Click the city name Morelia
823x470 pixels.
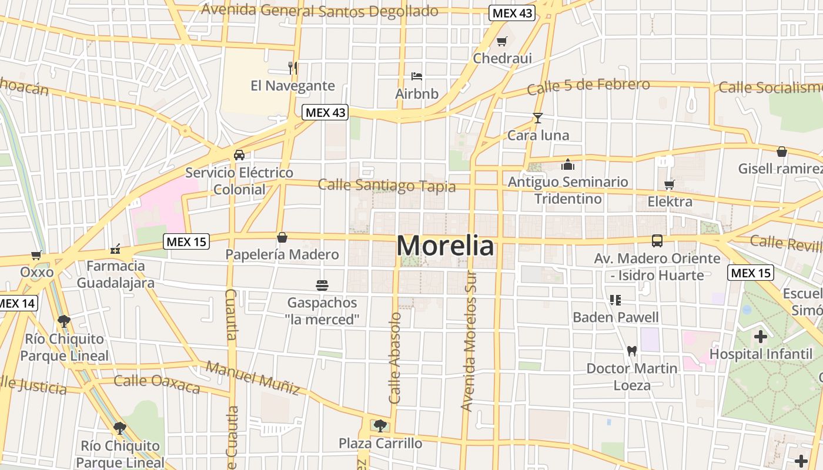445,246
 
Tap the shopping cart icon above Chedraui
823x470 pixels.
501,41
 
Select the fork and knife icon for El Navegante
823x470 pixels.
293,68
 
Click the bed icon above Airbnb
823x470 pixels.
417,76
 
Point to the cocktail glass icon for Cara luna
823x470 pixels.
537,117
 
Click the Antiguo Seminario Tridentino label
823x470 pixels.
568,190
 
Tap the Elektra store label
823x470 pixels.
670,202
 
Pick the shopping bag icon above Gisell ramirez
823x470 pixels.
781,152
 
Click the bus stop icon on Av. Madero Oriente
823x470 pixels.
657,241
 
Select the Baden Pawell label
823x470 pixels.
615,317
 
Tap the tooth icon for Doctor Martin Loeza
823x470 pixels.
632,351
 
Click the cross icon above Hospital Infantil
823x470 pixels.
761,337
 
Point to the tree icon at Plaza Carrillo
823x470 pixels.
380,425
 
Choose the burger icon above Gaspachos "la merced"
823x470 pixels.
322,286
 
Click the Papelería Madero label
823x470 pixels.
282,254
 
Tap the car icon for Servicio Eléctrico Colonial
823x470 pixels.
239,155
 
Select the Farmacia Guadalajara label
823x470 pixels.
116,274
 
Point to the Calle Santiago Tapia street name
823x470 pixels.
387,186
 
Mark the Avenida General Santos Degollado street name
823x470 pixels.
319,11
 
